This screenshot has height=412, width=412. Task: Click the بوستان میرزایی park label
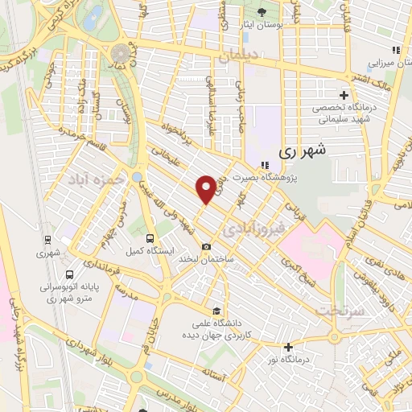[x=390, y=61]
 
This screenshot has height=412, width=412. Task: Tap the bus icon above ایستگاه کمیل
[x=150, y=238]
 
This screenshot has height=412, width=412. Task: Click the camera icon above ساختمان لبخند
[x=207, y=246]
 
